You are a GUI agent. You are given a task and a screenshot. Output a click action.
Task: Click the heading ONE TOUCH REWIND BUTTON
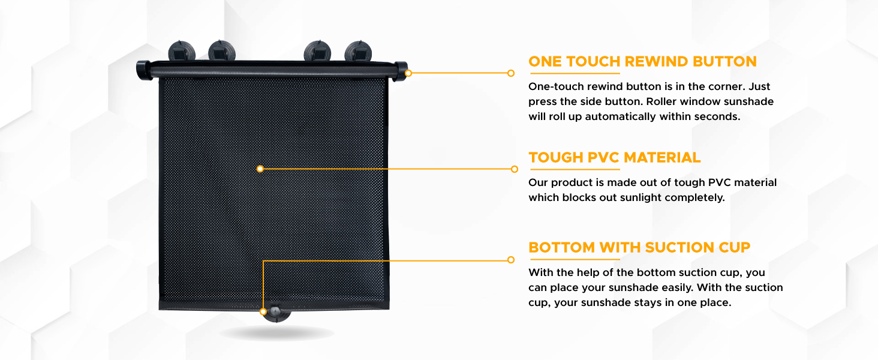[x=642, y=62]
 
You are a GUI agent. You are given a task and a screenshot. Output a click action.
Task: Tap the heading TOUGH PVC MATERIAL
[x=614, y=158]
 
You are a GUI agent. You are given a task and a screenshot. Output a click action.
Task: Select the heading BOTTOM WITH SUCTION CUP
[x=639, y=248]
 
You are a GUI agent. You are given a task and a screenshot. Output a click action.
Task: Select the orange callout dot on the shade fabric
[x=260, y=169]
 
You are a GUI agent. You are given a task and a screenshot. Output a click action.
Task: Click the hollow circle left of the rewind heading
[x=511, y=73]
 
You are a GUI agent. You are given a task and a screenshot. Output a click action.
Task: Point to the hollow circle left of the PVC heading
[x=514, y=169]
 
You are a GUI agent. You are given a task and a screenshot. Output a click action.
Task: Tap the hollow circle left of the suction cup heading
[x=511, y=260]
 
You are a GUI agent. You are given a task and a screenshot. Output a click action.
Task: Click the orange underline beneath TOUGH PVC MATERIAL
[x=574, y=169]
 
